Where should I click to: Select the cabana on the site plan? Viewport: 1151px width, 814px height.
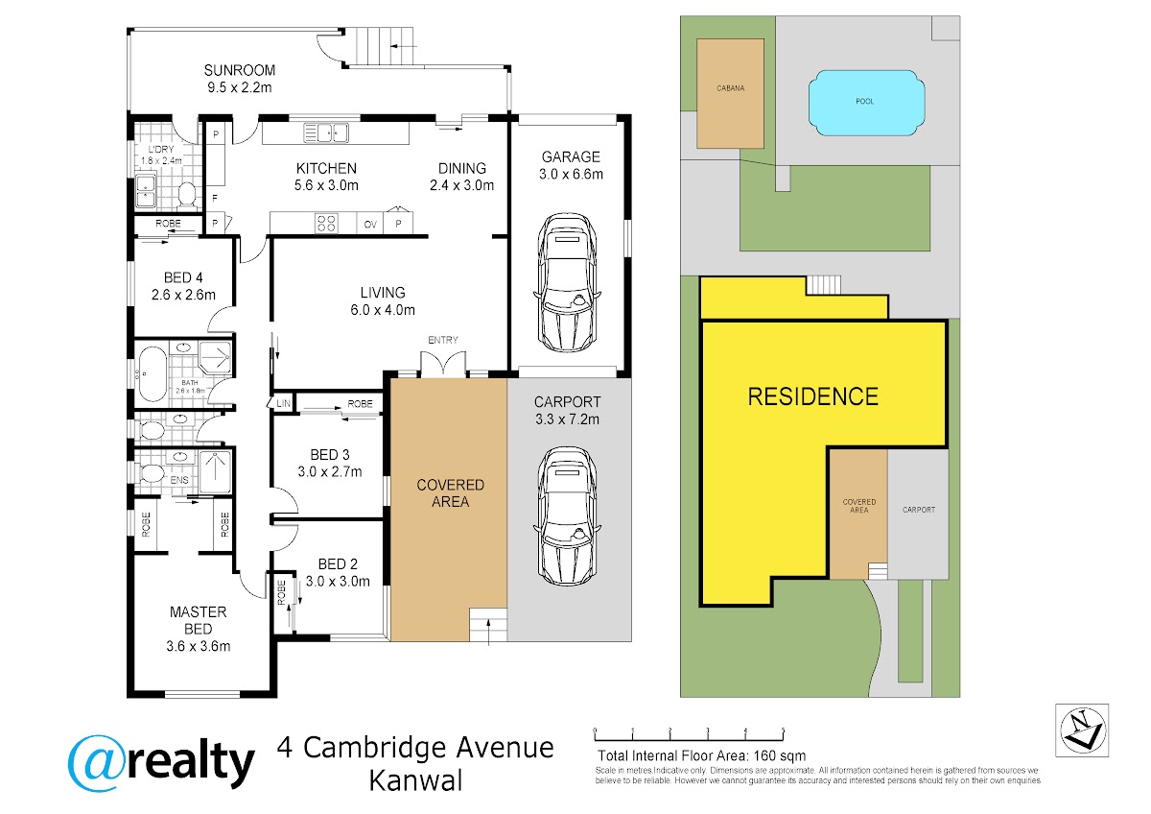point(731,93)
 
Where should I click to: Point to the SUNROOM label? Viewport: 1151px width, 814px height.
point(240,70)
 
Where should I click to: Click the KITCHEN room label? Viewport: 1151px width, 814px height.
point(326,168)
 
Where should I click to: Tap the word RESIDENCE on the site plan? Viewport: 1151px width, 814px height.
point(812,395)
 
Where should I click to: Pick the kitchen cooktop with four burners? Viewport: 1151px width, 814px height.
point(326,224)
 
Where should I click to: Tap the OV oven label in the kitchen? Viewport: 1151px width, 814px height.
point(370,225)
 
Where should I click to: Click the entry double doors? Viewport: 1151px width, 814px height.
point(443,365)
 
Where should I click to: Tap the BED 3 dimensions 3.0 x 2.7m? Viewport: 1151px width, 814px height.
point(329,471)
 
